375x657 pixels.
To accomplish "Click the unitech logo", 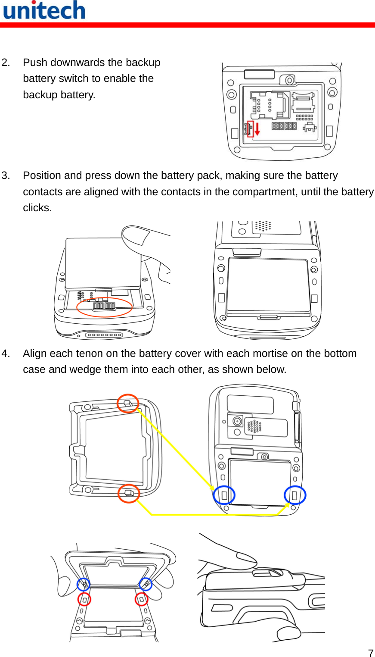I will click(44, 10).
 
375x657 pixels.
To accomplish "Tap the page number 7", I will click(370, 652).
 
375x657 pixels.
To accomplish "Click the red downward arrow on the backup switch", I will click(257, 128).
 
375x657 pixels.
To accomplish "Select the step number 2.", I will click(6, 63).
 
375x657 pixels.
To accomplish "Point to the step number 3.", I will click(6, 175).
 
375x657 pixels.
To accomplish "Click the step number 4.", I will click(6, 354).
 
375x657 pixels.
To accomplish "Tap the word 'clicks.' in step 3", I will click(37, 208).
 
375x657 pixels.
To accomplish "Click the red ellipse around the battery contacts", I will click(104, 307).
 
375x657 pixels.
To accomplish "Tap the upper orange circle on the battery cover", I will click(128, 404).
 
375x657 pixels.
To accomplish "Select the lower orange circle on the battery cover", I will click(129, 493).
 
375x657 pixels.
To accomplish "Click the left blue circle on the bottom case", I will click(224, 495).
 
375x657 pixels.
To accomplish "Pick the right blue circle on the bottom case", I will click(295, 495).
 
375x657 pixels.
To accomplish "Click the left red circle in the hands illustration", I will click(84, 599).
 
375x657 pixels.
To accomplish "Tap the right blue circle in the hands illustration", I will click(146, 584).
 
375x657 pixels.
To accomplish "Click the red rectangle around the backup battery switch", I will click(250, 128).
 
